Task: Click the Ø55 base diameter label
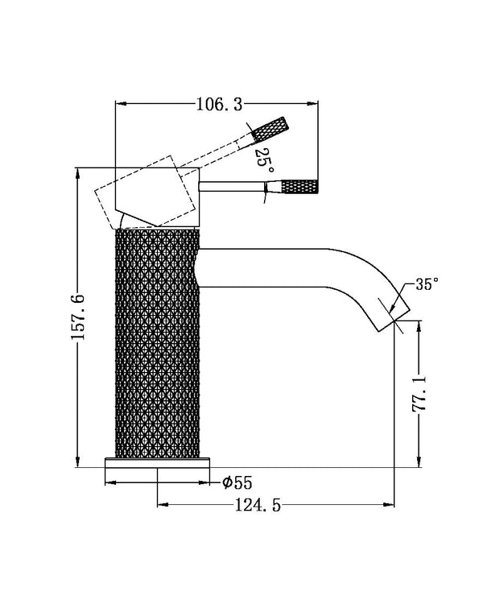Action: coord(237,482)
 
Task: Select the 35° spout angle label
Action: coord(427,284)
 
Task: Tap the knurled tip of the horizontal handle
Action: coord(302,188)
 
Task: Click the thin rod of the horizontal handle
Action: coord(233,188)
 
